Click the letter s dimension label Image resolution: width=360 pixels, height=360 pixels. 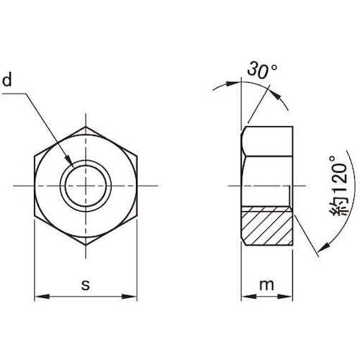tap(86, 285)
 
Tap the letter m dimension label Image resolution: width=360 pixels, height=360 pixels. tap(266, 285)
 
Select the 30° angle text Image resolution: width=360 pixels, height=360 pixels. tap(262, 70)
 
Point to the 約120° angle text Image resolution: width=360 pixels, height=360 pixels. tap(339, 186)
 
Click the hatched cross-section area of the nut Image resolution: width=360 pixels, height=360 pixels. tap(267, 225)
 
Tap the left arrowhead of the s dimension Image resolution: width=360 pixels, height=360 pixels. tap(42, 297)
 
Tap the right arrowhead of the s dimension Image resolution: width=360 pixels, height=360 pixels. tap(130, 297)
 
